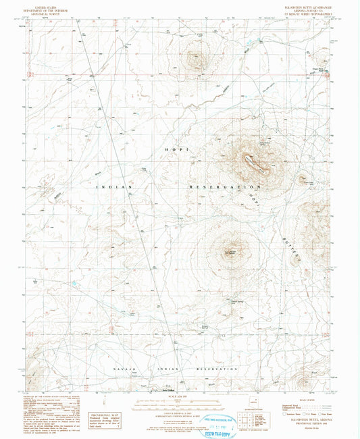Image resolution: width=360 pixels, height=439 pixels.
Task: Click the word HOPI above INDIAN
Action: pos(176,148)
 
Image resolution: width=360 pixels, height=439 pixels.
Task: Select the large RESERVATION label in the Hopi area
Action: pos(224,186)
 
